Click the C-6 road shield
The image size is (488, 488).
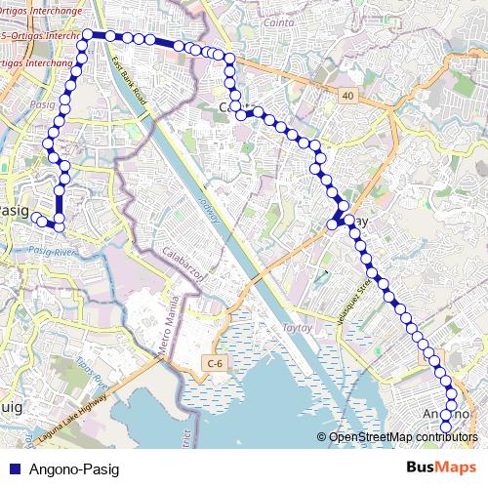(215, 364)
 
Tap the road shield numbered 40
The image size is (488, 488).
(347, 95)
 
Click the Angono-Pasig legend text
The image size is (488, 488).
(74, 469)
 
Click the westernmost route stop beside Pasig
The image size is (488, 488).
(35, 218)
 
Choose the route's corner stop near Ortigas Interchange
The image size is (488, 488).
(88, 35)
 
